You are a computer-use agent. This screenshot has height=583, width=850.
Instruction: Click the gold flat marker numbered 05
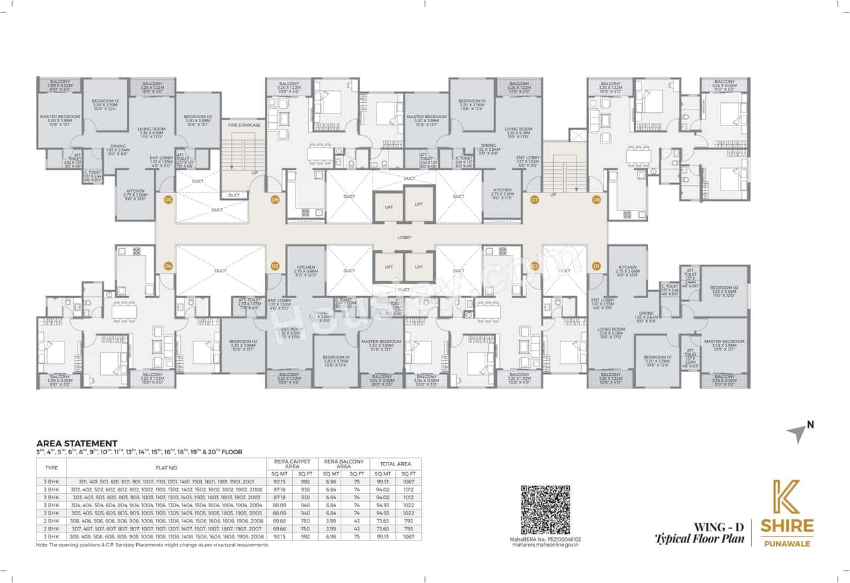click(169, 199)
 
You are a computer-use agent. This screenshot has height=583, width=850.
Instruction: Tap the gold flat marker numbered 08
click(597, 199)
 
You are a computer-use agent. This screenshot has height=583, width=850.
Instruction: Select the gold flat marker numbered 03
click(275, 266)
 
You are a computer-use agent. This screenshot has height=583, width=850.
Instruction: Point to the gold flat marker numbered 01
click(597, 266)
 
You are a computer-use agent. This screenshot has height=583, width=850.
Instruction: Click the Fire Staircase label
click(244, 125)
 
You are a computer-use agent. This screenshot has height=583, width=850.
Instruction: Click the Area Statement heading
click(76, 443)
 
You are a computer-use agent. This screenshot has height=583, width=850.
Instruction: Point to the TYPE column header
click(51, 467)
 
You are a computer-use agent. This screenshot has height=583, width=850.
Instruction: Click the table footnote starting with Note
click(153, 545)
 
